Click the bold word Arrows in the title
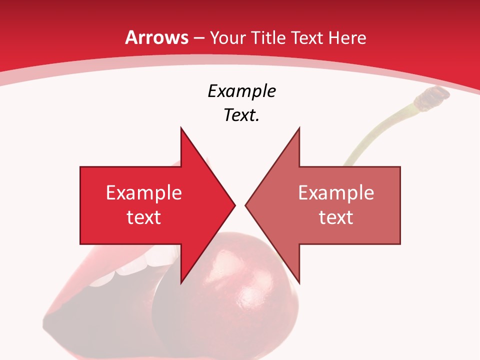(157, 37)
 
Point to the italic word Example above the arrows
(242, 91)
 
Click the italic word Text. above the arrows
(242, 115)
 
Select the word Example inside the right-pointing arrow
(144, 193)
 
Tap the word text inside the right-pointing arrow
(144, 217)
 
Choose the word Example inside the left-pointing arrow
(336, 193)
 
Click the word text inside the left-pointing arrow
(336, 217)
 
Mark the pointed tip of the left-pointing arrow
(246, 205)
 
